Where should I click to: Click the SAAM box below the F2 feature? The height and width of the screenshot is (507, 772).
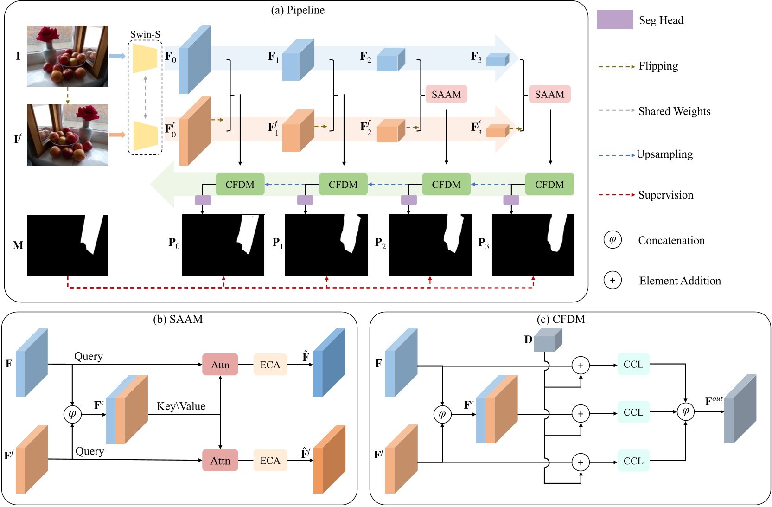point(446,94)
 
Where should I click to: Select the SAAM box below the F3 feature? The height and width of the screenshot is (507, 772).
point(549,94)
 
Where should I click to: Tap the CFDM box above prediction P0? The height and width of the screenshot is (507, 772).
point(240,184)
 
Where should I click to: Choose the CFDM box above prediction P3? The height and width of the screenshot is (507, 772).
point(549,184)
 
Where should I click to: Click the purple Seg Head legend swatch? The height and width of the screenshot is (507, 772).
point(615,20)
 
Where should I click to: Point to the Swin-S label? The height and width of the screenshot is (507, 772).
point(145,34)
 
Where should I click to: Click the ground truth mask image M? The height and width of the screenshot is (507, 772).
point(68,245)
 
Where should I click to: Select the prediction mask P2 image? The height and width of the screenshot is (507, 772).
point(430,245)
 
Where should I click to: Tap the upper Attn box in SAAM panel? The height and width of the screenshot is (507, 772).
point(220,365)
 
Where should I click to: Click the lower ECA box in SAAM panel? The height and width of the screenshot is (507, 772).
point(270,461)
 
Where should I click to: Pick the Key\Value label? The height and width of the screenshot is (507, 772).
point(181,406)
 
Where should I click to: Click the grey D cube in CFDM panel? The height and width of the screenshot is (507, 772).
point(547,340)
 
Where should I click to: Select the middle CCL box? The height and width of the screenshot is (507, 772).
point(633,412)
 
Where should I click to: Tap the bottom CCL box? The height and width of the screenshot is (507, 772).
point(633,461)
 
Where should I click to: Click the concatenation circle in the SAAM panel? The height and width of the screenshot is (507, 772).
point(72,414)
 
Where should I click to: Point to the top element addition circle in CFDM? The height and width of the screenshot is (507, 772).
point(581,366)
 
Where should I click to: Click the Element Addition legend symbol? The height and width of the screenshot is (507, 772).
point(612,281)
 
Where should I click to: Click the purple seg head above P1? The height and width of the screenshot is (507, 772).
point(305,200)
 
